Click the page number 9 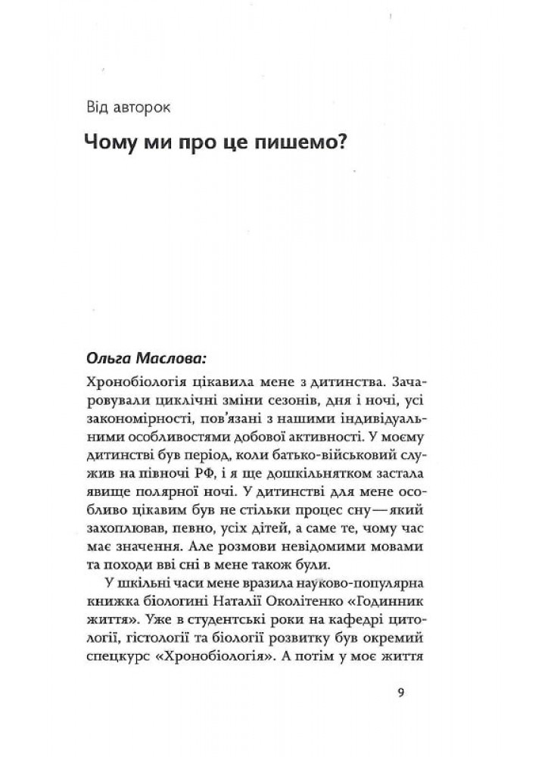pyautogui.click(x=400, y=691)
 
